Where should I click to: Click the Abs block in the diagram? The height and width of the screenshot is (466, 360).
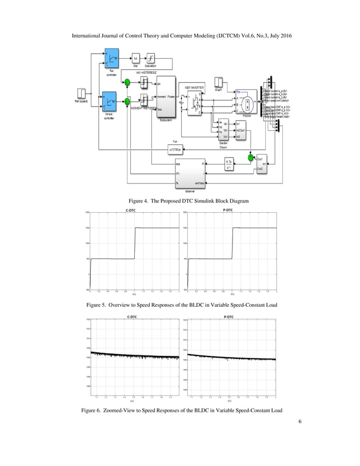pyautogui.click(x=136, y=58)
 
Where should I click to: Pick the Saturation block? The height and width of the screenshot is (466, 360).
pyautogui.click(x=151, y=58)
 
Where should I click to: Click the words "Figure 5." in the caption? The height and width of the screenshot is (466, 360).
pyautogui.click(x=99, y=305)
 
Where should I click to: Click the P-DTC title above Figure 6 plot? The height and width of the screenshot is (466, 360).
pyautogui.click(x=229, y=317)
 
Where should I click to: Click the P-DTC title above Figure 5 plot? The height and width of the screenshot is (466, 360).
pyautogui.click(x=229, y=210)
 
